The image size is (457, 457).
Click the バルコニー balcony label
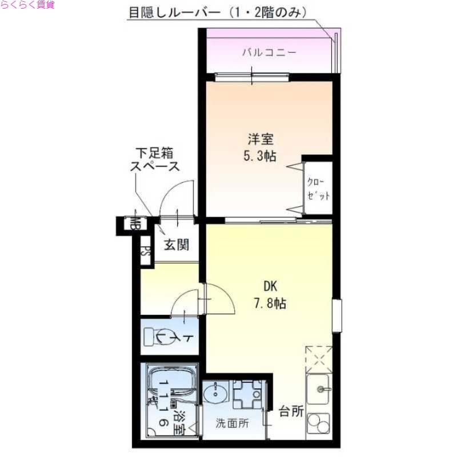pos(268,53)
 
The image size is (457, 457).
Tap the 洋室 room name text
pos(260,139)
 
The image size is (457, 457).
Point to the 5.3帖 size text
pos(260,155)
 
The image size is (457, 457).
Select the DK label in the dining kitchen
pos(270,286)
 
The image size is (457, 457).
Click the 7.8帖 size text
pos(270,303)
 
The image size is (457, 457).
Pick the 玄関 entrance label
pos(177,245)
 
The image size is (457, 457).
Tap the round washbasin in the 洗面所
pos(217,393)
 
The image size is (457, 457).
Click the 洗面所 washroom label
pos(232,423)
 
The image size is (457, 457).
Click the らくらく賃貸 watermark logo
pos(27,5)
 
